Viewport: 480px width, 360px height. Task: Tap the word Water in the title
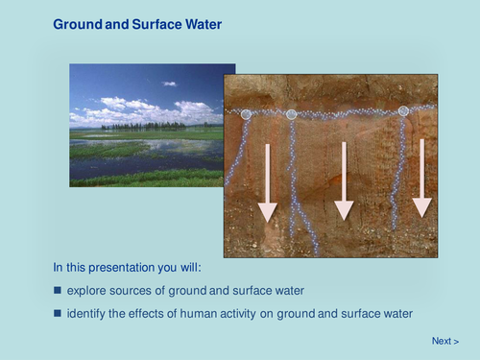click(203, 23)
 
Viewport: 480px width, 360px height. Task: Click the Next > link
click(444, 341)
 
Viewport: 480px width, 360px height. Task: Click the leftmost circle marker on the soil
click(247, 114)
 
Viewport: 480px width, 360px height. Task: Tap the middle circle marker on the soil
click(292, 114)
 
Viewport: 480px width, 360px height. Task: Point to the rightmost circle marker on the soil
click(403, 111)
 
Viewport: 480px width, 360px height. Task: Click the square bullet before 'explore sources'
click(57, 290)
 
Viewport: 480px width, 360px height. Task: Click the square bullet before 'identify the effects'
click(57, 313)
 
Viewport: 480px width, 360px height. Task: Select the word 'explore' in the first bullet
click(87, 290)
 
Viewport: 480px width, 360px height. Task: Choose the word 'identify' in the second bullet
click(87, 313)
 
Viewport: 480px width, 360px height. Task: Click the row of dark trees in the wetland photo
click(144, 126)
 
